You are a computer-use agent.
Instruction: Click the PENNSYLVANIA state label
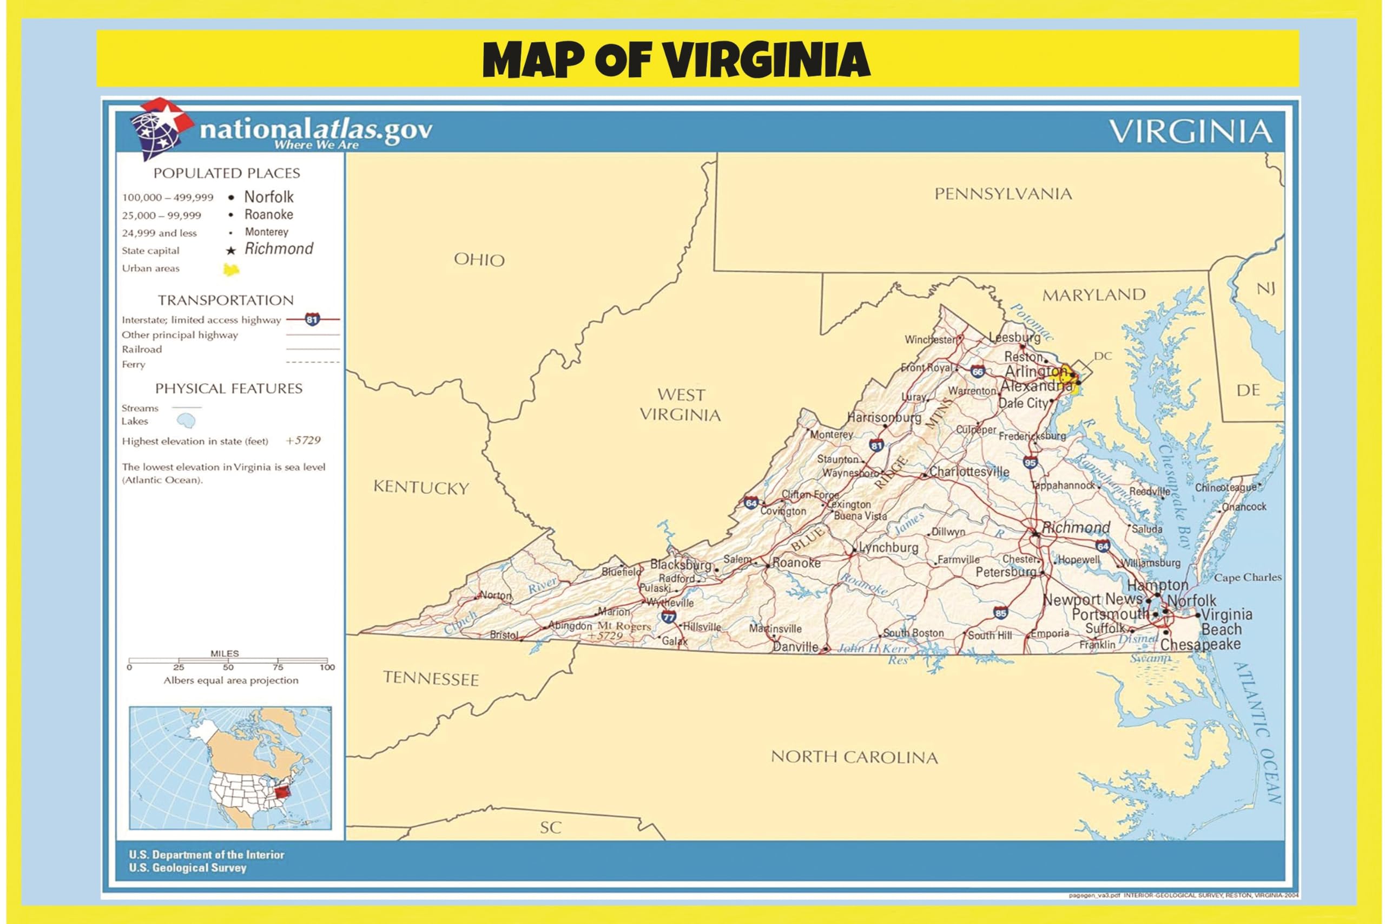click(x=1003, y=194)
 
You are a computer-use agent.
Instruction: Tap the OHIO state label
click(x=479, y=260)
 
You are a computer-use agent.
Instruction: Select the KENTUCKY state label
click(x=421, y=487)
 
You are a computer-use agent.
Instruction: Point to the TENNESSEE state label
click(x=431, y=678)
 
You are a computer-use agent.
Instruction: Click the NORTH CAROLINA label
click(x=854, y=757)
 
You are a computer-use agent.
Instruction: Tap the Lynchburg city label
click(x=888, y=547)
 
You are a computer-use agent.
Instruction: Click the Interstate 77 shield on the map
click(x=668, y=617)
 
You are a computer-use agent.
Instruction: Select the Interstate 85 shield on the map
click(x=1000, y=612)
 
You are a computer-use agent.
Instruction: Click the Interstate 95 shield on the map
click(x=1030, y=463)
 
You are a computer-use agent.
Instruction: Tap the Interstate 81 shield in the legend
click(x=312, y=319)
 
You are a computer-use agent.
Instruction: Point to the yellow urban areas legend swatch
click(x=232, y=270)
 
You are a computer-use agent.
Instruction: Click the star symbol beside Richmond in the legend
click(x=232, y=251)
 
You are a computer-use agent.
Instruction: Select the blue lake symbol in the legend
click(x=187, y=421)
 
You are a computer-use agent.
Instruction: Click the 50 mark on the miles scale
click(x=228, y=667)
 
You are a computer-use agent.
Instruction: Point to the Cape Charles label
click(x=1247, y=578)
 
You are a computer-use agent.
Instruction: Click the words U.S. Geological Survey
click(x=187, y=868)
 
